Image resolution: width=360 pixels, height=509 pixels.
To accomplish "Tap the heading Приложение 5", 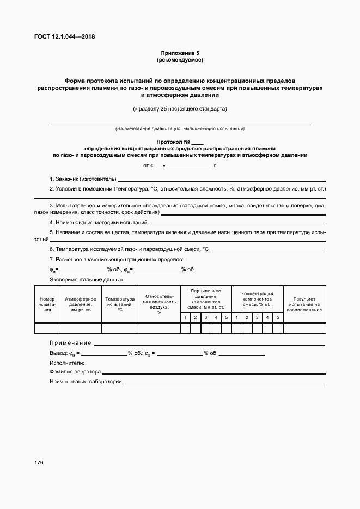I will coord(180,53).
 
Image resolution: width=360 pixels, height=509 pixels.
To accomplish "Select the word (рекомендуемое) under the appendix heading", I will coord(180,59).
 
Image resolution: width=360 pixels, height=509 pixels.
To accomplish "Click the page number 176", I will coord(38,462).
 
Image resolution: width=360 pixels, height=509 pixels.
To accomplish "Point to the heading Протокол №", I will coord(180,142).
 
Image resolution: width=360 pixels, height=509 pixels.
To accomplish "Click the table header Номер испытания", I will coord(47,304).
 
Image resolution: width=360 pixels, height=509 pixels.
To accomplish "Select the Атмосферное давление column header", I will coord(81,304).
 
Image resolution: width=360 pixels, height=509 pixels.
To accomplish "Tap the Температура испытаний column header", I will coord(120,304).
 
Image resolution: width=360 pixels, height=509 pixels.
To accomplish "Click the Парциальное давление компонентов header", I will coord(205,299).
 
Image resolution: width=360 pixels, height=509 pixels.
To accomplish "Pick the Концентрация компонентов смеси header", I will coord(257,299).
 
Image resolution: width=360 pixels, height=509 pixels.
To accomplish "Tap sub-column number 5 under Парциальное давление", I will coord(226,317).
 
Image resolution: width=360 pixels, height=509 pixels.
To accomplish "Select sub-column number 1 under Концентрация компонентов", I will coord(236,317).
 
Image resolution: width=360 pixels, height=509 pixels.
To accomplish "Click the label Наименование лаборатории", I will coord(85,382).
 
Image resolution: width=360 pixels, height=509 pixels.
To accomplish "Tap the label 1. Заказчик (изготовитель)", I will coord(83,179).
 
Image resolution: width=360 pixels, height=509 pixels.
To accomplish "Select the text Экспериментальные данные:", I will coord(87,279).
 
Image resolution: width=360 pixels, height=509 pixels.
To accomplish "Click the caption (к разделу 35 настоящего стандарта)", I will coord(180,108).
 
